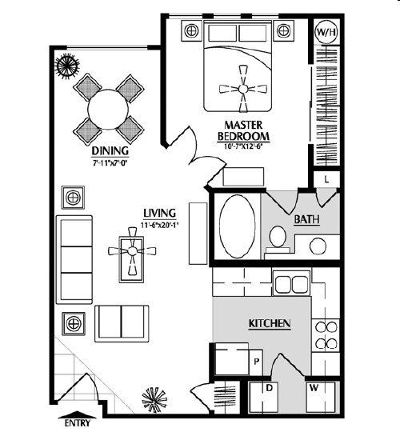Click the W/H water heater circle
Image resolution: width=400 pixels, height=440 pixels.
[326, 32]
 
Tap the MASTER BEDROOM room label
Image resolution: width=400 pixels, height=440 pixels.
[243, 130]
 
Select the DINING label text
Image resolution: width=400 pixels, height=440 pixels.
[110, 151]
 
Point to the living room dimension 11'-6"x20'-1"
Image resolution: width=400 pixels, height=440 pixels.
[160, 225]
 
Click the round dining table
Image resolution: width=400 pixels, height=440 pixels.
[108, 110]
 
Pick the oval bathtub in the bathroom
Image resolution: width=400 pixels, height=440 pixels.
[237, 226]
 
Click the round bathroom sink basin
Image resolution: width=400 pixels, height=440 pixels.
[318, 246]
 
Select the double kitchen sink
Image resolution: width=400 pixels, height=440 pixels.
[291, 284]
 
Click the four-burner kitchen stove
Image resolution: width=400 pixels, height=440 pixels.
[326, 335]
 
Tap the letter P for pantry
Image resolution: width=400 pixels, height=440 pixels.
[256, 362]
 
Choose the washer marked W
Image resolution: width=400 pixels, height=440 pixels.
[320, 397]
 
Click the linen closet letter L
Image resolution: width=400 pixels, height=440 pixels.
[326, 179]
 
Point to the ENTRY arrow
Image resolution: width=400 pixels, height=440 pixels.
[77, 415]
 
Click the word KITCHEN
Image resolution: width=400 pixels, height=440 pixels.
[270, 323]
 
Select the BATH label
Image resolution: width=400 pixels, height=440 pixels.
[306, 219]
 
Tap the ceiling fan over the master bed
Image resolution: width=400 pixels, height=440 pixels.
[243, 89]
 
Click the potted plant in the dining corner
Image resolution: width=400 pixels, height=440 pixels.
[67, 66]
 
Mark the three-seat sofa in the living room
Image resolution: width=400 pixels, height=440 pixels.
[74, 259]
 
